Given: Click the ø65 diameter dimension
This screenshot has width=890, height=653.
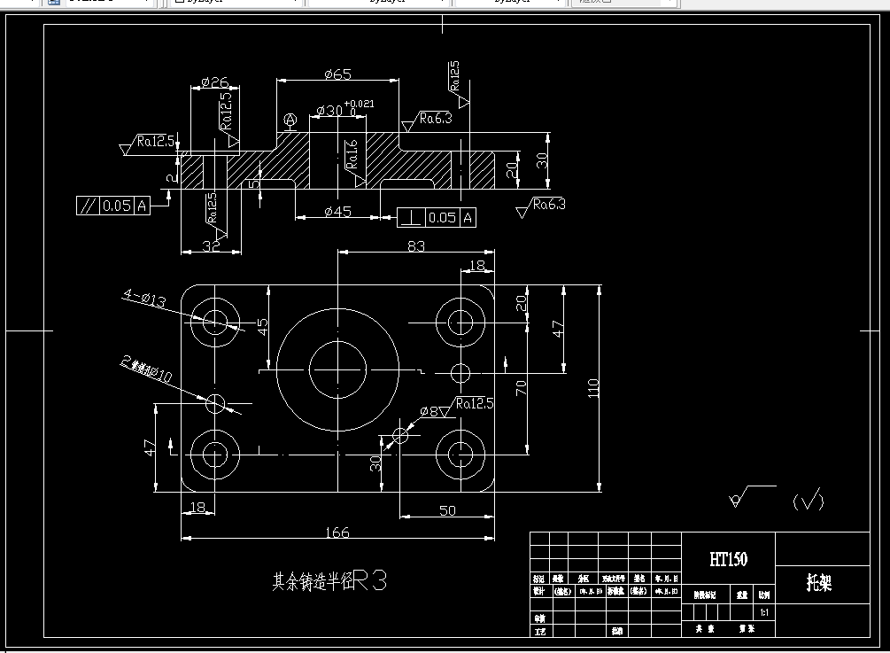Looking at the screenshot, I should (x=338, y=74).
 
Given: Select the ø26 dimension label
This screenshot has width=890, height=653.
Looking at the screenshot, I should (x=215, y=82).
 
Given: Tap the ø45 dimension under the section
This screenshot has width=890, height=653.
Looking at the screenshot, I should (x=338, y=211).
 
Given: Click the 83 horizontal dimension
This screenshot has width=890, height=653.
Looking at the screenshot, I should (x=415, y=245).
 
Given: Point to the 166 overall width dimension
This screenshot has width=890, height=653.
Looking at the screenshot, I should (x=337, y=533).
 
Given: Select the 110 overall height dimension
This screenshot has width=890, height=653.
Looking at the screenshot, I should (x=592, y=387).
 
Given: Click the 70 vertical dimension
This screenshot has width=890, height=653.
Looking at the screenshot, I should (x=521, y=387).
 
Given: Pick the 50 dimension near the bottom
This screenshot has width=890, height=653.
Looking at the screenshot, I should (x=447, y=510).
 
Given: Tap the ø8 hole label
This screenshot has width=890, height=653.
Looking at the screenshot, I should (x=430, y=411).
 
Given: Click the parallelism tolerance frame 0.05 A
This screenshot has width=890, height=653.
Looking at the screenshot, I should (x=113, y=206).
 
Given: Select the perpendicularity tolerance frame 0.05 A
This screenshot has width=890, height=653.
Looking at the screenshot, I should (x=437, y=217).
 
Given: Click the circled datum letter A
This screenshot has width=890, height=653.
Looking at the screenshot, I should (x=289, y=120).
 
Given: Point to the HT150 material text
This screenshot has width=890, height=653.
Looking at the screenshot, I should (x=728, y=558).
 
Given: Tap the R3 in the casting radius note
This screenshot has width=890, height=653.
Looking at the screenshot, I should (x=371, y=581).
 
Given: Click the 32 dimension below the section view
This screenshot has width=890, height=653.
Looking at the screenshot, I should (x=210, y=246).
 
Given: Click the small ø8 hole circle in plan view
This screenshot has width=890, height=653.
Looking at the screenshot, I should (x=401, y=433).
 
